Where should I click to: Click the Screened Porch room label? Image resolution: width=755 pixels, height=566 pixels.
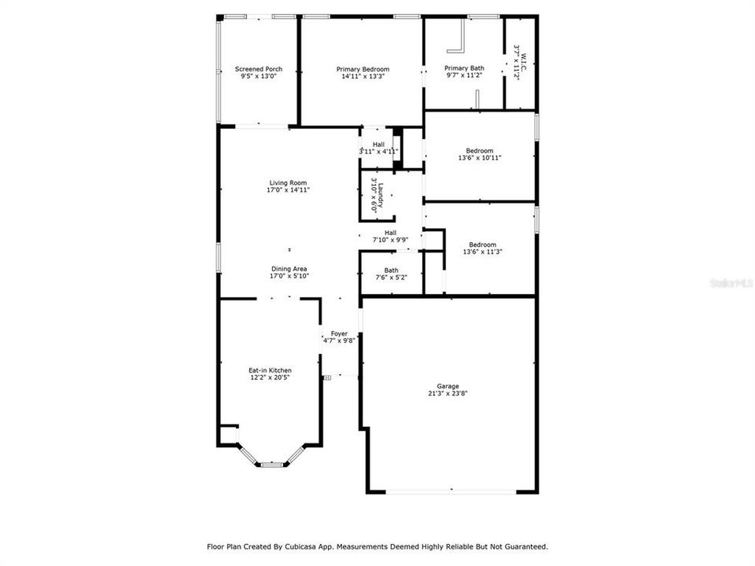258,69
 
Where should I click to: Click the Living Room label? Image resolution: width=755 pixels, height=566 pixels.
287,182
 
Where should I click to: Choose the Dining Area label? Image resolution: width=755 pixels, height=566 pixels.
289,269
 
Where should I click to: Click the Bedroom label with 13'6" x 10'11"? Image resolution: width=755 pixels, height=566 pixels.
480,151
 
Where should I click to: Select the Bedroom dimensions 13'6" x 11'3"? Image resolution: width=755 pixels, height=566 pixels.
482,252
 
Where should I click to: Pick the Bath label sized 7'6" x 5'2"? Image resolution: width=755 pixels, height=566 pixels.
391,270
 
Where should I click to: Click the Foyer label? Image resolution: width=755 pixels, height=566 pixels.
339,333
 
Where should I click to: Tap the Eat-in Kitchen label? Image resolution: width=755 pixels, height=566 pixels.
270,370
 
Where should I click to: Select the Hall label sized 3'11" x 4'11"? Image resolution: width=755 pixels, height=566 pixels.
378,145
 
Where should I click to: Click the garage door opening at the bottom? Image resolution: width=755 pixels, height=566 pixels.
452,493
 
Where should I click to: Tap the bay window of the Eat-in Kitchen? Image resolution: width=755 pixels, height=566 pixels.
272,464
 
